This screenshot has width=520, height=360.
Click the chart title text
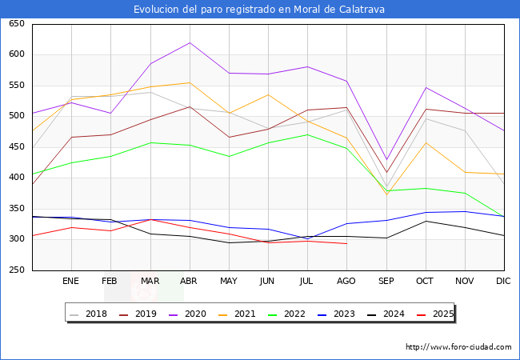[260, 10]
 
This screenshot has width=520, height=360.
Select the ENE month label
[71, 281]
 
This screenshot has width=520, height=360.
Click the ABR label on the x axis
[190, 281]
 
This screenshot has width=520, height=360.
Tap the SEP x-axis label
[386, 281]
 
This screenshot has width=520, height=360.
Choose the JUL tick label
[307, 281]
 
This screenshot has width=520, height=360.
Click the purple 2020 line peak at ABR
[190, 42]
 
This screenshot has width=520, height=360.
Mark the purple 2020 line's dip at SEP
[386, 160]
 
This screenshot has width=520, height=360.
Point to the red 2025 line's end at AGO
[346, 243]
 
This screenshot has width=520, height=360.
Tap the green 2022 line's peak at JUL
[307, 134]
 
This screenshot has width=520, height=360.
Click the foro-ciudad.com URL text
[458, 347]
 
